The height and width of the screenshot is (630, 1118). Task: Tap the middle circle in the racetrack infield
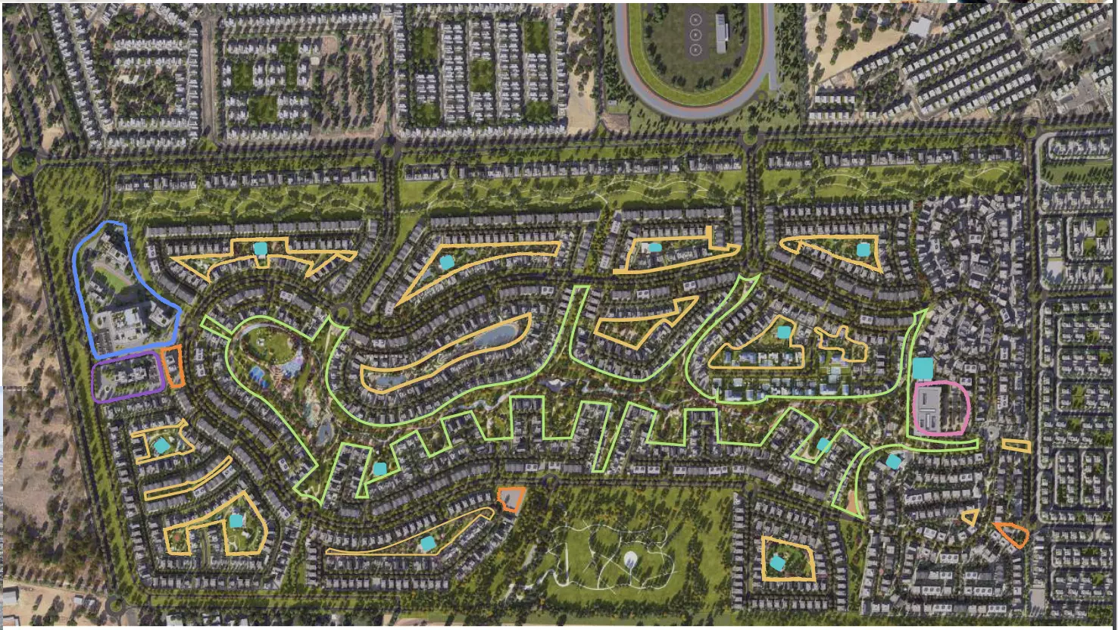[x=695, y=34]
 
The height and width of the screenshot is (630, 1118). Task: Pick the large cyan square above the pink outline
[x=923, y=369]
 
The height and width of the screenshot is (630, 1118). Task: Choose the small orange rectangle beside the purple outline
[x=174, y=366]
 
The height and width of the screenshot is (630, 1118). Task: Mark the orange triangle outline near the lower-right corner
[x=1013, y=534]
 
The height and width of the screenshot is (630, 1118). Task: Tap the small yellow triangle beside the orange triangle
[x=970, y=518]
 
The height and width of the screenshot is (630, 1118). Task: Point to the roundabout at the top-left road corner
[x=24, y=162]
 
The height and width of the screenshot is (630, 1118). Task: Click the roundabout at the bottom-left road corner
[x=115, y=604]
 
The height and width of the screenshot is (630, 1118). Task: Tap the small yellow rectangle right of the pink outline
[x=1016, y=445]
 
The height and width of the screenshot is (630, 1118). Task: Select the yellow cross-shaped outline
[x=842, y=342]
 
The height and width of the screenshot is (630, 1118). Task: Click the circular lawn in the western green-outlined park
[x=268, y=344]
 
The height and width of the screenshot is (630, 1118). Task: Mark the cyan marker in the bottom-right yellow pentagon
[x=778, y=563]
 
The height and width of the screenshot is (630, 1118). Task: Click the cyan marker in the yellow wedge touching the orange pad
[x=428, y=543]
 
